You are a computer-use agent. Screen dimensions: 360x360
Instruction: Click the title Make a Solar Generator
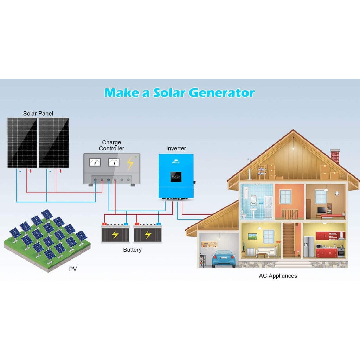click(179, 92)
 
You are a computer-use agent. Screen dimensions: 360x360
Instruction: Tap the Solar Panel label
click(38, 113)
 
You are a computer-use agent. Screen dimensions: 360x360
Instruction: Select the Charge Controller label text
click(111, 146)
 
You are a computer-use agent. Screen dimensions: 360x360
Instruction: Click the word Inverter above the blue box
click(176, 149)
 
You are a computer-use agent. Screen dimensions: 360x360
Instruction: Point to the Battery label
click(132, 250)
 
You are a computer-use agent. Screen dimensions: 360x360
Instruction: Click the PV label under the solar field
click(73, 269)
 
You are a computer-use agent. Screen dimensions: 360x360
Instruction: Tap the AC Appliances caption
click(278, 276)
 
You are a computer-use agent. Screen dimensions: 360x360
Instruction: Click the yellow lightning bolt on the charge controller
click(130, 163)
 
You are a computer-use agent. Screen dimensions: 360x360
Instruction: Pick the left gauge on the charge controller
click(95, 162)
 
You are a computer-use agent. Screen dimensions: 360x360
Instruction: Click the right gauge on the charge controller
click(114, 162)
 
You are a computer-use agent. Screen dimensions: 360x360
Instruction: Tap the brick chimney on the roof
click(335, 156)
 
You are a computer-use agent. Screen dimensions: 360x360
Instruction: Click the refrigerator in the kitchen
click(309, 246)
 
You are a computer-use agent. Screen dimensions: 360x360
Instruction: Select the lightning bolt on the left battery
click(115, 235)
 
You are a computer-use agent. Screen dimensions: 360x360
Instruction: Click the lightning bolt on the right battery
click(148, 235)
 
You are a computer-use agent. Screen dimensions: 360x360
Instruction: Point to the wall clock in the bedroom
click(337, 193)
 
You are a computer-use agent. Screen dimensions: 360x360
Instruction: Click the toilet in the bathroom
click(244, 214)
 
